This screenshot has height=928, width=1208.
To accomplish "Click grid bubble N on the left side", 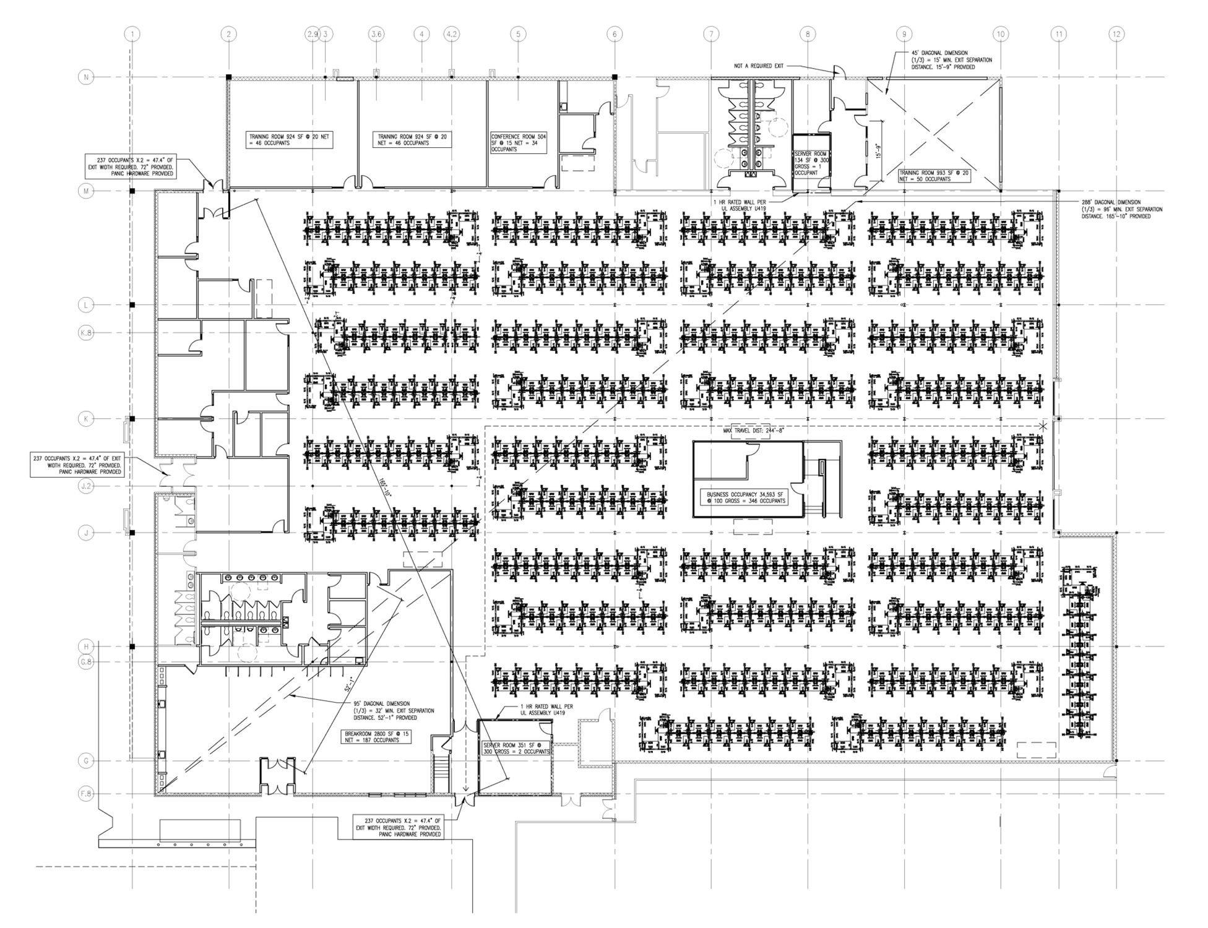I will pyautogui.click(x=86, y=77).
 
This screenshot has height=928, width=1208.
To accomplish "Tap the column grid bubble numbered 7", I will pyautogui.click(x=711, y=34).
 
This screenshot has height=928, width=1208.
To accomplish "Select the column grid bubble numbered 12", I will pyautogui.click(x=1116, y=34).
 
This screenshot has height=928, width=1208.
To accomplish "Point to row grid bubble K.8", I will pyautogui.click(x=86, y=333).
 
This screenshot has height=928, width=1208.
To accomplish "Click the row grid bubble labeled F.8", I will pyautogui.click(x=86, y=794).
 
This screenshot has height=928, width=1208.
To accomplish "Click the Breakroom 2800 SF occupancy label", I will pyautogui.click(x=376, y=736).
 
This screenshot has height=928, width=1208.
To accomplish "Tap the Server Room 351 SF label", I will pyautogui.click(x=516, y=748).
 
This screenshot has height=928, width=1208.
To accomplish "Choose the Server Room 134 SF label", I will pyautogui.click(x=809, y=163).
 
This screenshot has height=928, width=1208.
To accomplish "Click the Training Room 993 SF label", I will pyautogui.click(x=934, y=176).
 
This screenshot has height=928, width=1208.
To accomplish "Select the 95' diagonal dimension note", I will pyautogui.click(x=390, y=710).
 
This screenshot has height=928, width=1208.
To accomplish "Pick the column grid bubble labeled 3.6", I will pyautogui.click(x=376, y=34).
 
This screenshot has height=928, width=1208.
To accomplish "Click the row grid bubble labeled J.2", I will pyautogui.click(x=86, y=486).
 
